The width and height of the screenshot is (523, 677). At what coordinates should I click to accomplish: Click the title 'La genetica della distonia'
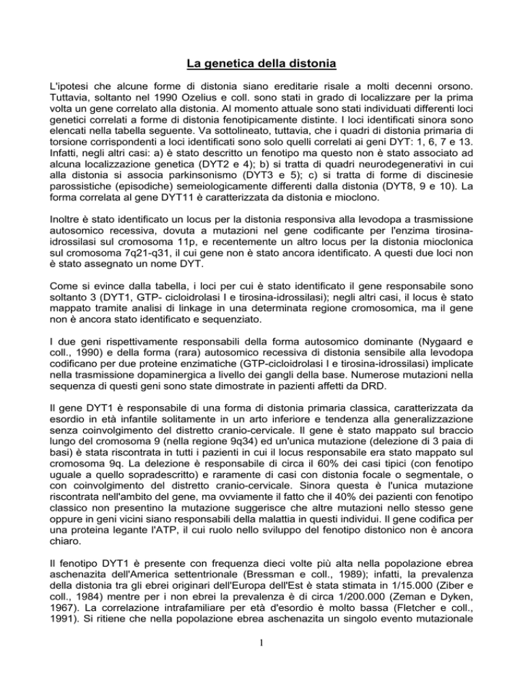[x=261, y=65]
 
